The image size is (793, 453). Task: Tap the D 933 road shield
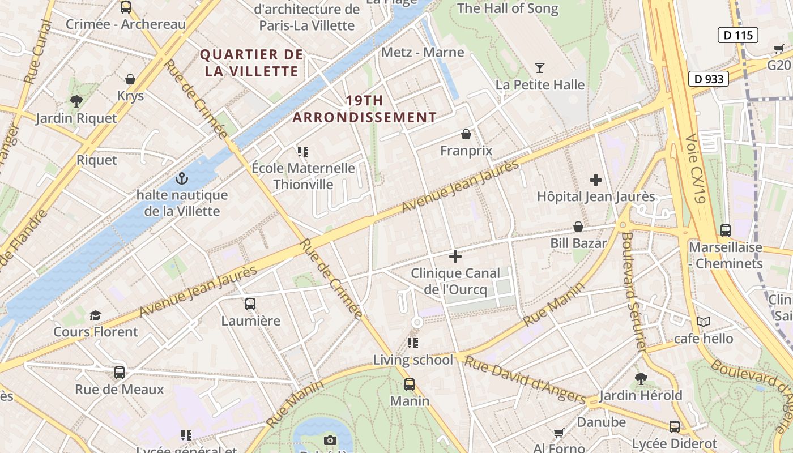(x=708, y=79)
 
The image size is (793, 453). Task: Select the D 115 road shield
(x=739, y=35)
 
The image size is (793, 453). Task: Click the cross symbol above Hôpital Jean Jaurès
(x=595, y=180)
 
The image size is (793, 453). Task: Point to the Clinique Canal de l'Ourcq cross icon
(x=455, y=257)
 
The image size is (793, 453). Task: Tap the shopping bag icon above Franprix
(x=466, y=134)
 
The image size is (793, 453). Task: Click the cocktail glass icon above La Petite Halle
(x=539, y=68)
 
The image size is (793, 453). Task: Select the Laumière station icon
(x=250, y=304)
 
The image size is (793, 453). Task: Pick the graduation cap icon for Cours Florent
(x=95, y=315)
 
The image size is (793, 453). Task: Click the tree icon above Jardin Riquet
(x=76, y=101)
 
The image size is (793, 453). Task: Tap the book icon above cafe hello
(x=704, y=322)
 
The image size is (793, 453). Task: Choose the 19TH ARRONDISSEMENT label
(x=364, y=109)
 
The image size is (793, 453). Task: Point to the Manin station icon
(x=410, y=384)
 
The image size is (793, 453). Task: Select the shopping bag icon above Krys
(x=130, y=79)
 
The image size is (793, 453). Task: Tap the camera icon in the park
(x=330, y=440)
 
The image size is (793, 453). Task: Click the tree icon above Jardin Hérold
(x=641, y=378)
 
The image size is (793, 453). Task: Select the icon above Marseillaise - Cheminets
(x=725, y=230)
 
